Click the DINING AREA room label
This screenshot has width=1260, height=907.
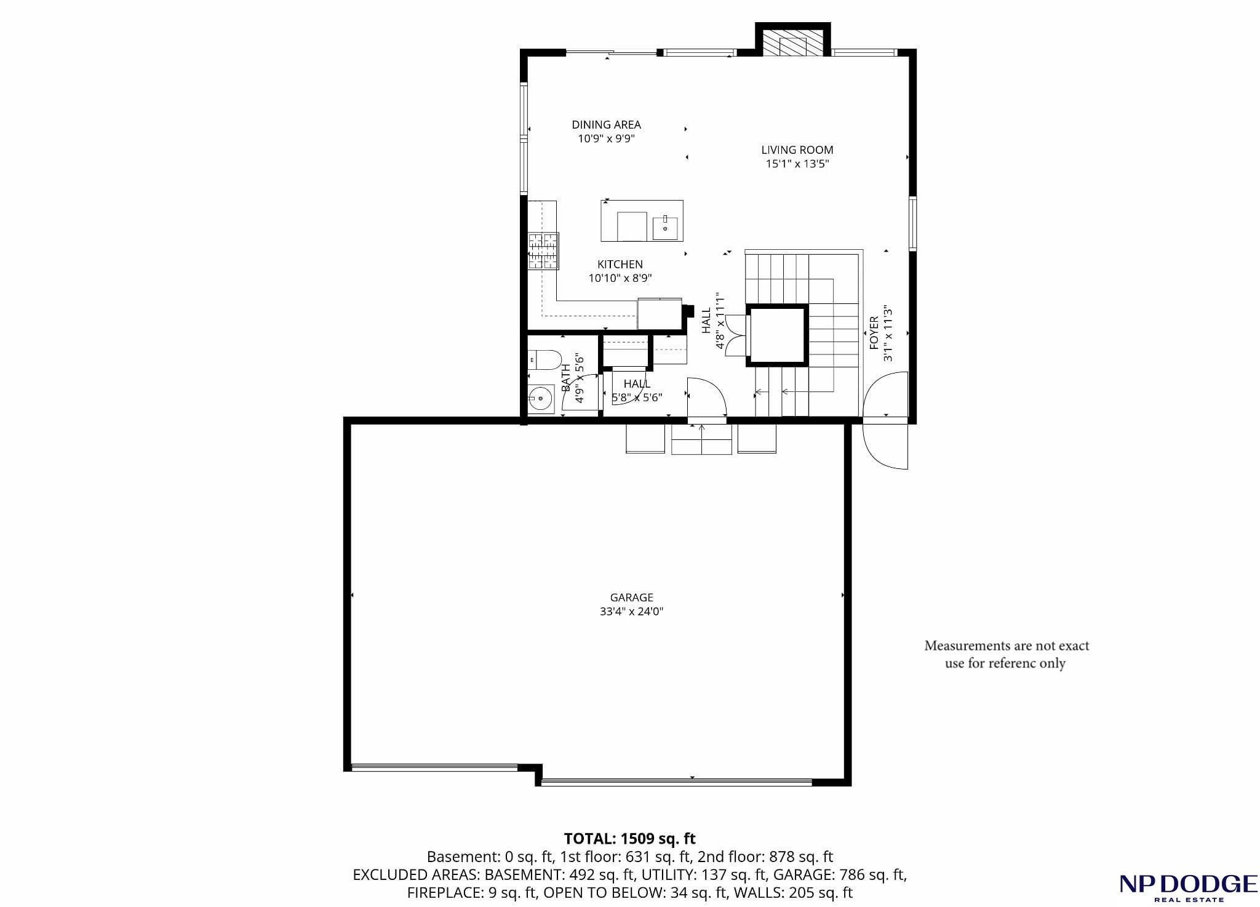click(606, 125)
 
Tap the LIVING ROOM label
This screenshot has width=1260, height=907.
click(797, 150)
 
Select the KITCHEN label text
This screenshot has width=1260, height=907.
click(620, 265)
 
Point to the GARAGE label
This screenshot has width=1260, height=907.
click(631, 597)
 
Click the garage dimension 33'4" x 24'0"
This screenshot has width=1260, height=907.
click(631, 612)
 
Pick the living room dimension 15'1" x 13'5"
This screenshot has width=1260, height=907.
click(797, 164)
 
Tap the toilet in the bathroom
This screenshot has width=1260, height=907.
click(544, 359)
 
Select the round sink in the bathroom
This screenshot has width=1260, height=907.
click(541, 398)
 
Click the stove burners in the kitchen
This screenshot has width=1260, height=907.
click(543, 251)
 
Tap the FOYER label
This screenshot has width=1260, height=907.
click(874, 334)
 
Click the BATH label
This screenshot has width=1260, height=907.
click(565, 378)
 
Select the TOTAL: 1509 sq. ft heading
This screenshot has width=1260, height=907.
click(630, 838)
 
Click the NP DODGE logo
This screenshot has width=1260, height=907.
click(1188, 887)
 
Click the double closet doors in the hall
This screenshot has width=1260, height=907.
click(736, 335)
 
